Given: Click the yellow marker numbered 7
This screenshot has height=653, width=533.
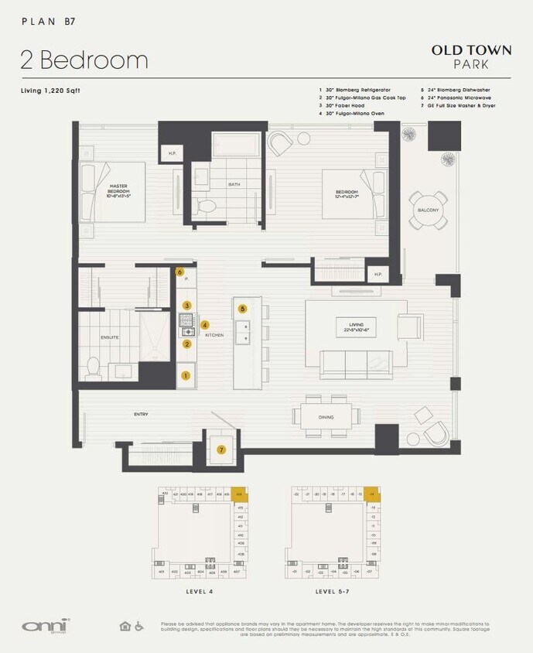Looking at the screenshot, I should pos(221,450).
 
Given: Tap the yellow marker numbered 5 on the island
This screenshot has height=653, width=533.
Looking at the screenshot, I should pos(242,308).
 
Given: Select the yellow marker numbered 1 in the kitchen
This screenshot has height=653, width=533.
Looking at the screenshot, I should pos(186,376).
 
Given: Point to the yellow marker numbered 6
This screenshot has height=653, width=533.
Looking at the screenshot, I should pos(179,272).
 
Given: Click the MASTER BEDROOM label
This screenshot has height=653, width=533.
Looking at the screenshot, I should pos(118,190).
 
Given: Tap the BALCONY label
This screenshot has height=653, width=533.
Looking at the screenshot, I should pos(428,210).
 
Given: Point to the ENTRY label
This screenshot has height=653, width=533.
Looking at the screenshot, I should pos(140,415).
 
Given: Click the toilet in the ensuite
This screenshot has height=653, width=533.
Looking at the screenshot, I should pos(92,368).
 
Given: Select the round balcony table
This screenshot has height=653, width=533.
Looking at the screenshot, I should pos(429,210).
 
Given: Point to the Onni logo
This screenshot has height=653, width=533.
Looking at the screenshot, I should pos(36,625).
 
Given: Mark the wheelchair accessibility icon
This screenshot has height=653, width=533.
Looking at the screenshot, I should pos(139,626).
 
